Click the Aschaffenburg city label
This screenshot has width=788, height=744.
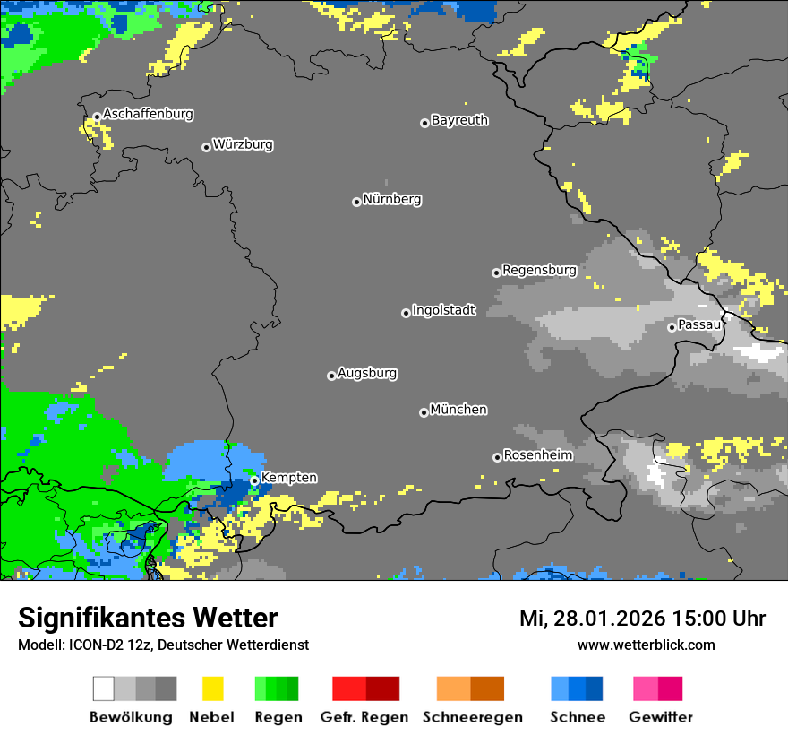click(148, 115)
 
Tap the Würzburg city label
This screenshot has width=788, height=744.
click(243, 144)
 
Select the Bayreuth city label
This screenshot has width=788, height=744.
click(459, 120)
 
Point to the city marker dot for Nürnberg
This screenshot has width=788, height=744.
click(356, 202)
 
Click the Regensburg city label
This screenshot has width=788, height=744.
click(539, 270)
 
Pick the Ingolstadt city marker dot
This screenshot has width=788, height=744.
click(406, 313)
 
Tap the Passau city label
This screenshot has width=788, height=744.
click(699, 324)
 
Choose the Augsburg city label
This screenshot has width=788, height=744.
click(367, 373)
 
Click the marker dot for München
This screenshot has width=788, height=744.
click(424, 412)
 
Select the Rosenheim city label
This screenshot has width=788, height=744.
click(537, 455)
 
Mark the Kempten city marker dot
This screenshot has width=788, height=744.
click(254, 480)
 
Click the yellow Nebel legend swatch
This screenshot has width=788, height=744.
click(212, 688)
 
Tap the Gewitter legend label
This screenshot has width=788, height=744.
click(660, 717)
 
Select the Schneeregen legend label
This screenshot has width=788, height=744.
click(472, 717)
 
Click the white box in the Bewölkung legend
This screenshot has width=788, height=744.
click(104, 688)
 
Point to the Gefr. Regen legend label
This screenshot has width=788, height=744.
click(365, 717)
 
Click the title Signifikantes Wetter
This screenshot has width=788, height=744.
click(148, 619)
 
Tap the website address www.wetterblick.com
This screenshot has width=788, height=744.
click(646, 645)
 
